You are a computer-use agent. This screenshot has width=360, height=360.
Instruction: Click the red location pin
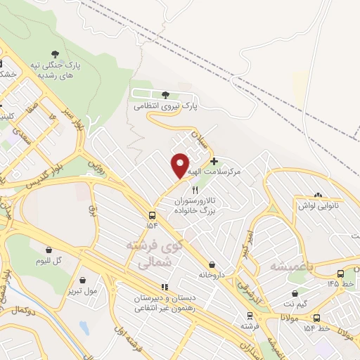181,166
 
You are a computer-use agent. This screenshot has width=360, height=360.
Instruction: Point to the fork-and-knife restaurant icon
195,190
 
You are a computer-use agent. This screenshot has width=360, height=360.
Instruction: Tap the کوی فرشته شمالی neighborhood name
148,254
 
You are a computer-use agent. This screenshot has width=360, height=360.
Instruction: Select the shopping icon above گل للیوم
49,250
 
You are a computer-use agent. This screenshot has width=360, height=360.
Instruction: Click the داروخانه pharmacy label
211,274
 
